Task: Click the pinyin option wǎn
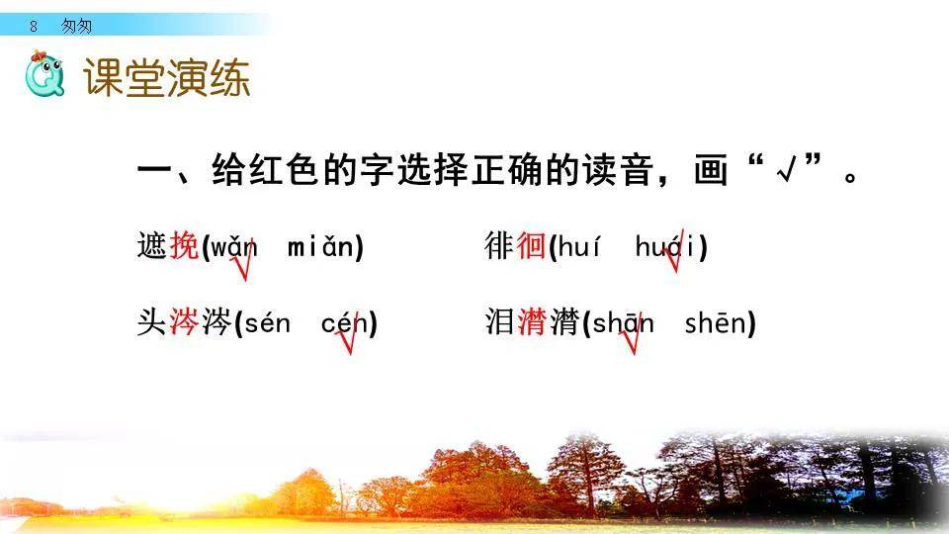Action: click(x=233, y=246)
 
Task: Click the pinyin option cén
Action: click(x=345, y=322)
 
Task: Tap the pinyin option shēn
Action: click(x=716, y=322)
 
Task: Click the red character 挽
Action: click(x=184, y=245)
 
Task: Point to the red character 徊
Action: click(x=531, y=245)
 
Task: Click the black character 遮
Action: click(x=152, y=245)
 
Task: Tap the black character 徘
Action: click(x=499, y=245)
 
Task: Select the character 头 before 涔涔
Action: click(x=152, y=322)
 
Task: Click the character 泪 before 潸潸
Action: click(x=499, y=322)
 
